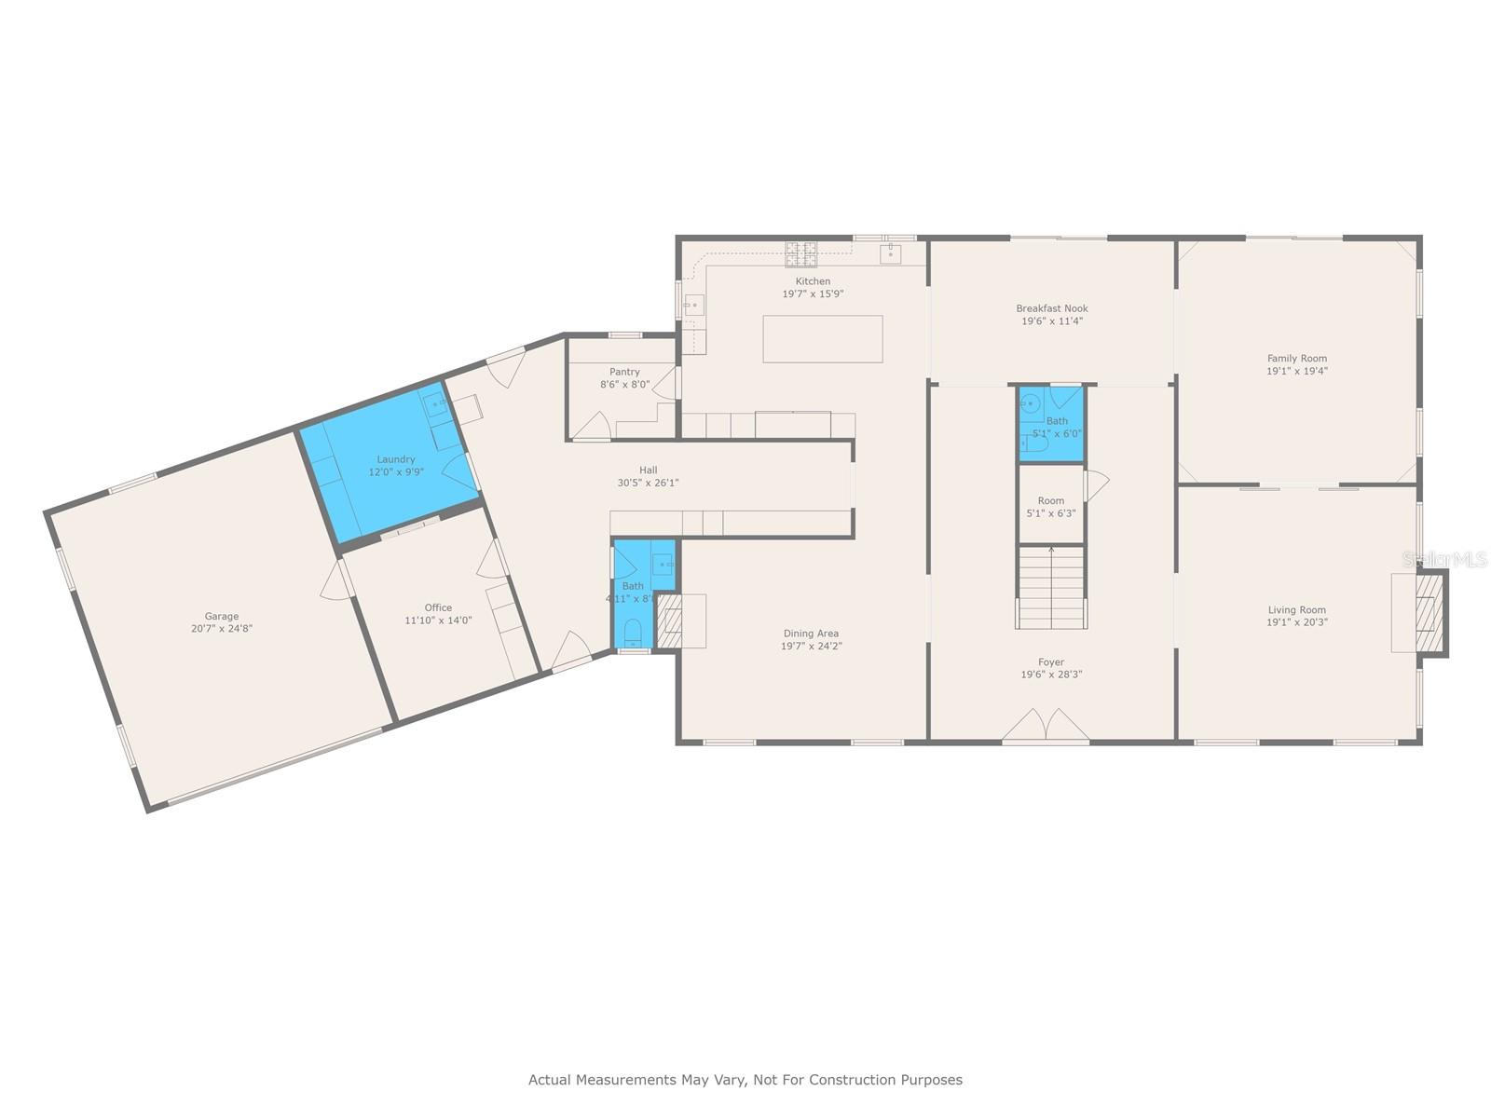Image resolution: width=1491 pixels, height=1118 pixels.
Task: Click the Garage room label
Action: pos(222,616)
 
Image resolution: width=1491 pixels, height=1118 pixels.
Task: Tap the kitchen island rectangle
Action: pos(822,338)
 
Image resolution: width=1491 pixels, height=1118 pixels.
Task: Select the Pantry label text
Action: pos(624,372)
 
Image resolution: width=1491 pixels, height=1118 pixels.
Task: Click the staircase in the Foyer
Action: pos(1051,587)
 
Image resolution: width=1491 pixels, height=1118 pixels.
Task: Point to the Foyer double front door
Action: pos(1046,727)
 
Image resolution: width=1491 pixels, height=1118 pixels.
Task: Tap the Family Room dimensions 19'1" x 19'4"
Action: pos(1296,371)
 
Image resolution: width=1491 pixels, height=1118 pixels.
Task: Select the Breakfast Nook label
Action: pos(1051,308)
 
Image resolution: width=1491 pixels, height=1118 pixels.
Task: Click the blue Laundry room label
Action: pos(396,459)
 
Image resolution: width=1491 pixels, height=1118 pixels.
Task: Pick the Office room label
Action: pos(438,607)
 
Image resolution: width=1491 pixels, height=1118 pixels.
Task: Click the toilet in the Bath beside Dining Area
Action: pos(633,632)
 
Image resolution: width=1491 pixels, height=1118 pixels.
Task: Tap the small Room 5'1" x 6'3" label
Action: pos(1050,507)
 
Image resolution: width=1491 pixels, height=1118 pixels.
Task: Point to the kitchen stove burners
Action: pos(801,249)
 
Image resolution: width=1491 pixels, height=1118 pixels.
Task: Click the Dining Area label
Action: pos(811,634)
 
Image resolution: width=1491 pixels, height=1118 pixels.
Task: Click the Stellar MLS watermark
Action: pos(1444,559)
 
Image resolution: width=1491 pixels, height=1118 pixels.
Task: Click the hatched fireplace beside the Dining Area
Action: pos(669,621)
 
